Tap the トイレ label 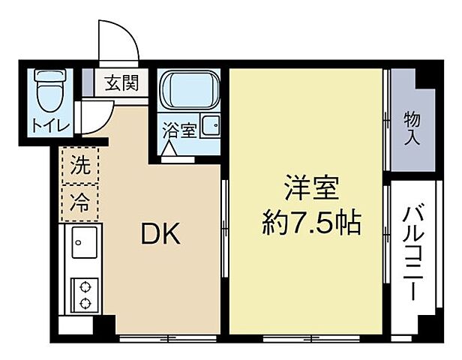[x=49, y=124]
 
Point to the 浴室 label [x=179, y=130]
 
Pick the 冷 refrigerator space [x=78, y=200]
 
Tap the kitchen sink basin [x=82, y=243]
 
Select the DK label [x=160, y=235]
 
